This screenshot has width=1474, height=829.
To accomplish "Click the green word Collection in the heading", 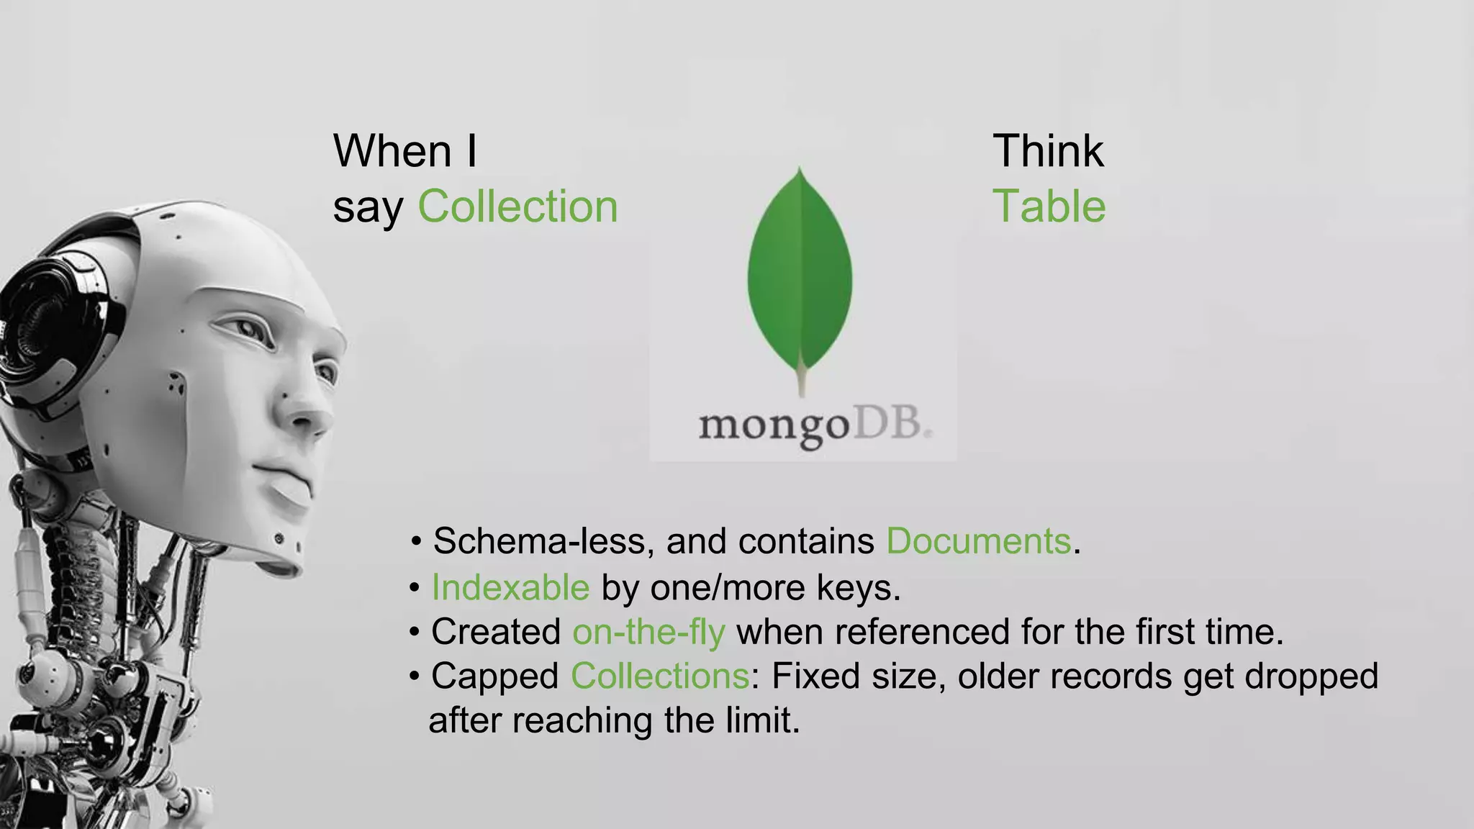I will pyautogui.click(x=517, y=207).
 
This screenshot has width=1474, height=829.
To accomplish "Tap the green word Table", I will pyautogui.click(x=1049, y=207).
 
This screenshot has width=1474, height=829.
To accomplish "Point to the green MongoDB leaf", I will pyautogui.click(x=800, y=273).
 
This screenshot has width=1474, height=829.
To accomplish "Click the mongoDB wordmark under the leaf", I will pyautogui.click(x=813, y=426).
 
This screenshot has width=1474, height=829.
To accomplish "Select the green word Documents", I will pyautogui.click(x=978, y=541).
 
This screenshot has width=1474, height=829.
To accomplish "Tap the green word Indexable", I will pyautogui.click(x=510, y=587).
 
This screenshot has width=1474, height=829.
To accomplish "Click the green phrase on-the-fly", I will pyautogui.click(x=648, y=632).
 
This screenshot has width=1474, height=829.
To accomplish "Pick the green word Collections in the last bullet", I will pyautogui.click(x=660, y=676).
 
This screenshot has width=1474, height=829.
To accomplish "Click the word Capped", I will pyautogui.click(x=494, y=676).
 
